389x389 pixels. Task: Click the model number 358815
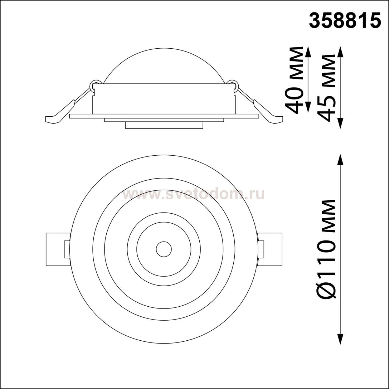pyautogui.click(x=346, y=24)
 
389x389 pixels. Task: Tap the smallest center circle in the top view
pyautogui.click(x=164, y=249)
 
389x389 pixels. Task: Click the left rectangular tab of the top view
pyautogui.click(x=58, y=249)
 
